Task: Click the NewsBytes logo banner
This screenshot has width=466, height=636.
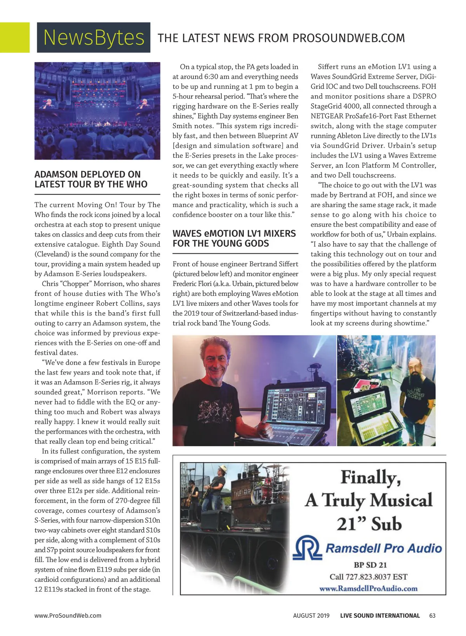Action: pos(94,37)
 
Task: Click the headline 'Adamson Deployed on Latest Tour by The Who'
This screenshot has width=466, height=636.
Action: pos(91,179)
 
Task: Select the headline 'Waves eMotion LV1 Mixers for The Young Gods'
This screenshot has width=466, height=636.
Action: pos(234,238)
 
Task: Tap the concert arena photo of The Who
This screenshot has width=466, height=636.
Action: pos(97,111)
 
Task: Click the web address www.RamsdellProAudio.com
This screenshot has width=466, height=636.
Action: pos(368,588)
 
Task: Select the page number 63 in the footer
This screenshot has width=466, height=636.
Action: pos(433,615)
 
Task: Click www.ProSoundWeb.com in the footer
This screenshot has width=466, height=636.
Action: pos(68,615)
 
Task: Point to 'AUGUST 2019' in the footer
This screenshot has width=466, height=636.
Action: pos(311,615)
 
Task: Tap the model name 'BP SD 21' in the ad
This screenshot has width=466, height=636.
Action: pos(370,565)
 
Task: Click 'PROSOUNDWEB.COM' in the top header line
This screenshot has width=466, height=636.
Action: pos(348,38)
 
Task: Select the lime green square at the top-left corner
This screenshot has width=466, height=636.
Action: pos(14,37)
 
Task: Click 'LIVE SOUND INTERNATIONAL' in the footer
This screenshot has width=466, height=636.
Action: pos(380,615)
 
